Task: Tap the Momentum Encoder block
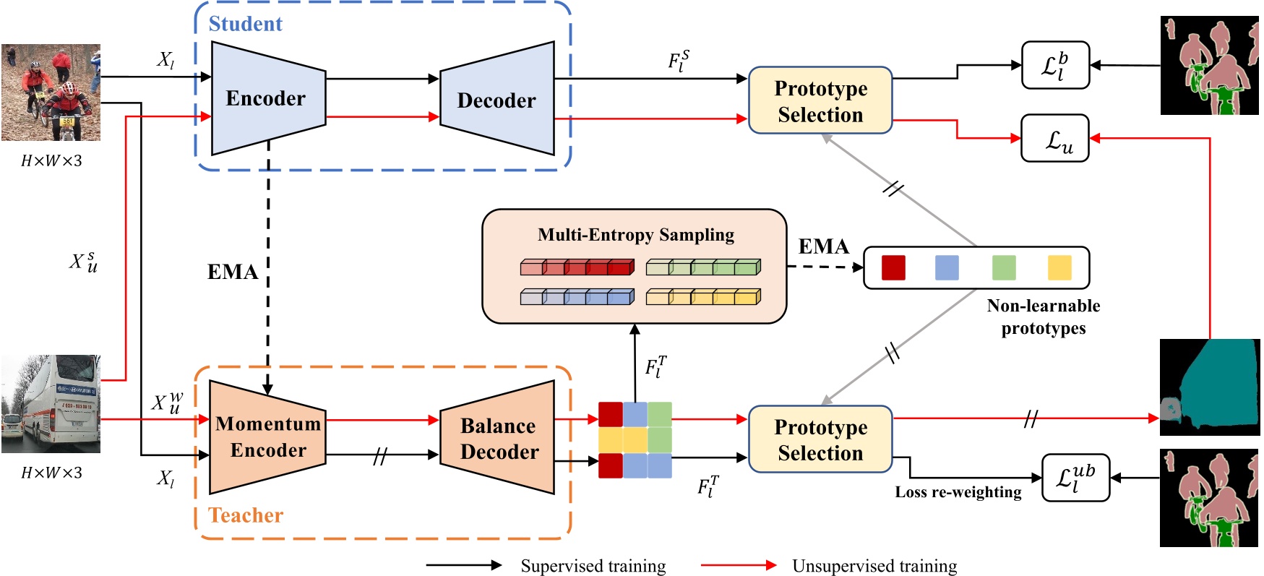(x=267, y=437)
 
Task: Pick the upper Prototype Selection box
(x=820, y=101)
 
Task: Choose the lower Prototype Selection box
(x=820, y=439)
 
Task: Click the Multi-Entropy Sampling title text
(x=635, y=235)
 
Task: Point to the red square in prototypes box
(x=893, y=267)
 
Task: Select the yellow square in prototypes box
(x=1059, y=267)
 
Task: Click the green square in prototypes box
(x=1004, y=267)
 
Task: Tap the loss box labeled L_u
(x=1054, y=138)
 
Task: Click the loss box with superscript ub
(x=1075, y=478)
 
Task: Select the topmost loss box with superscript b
(x=1054, y=65)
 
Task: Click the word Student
(x=245, y=24)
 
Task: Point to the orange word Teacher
(x=245, y=515)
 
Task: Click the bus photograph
(x=51, y=403)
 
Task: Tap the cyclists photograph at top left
(x=51, y=93)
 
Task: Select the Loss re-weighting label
(x=958, y=492)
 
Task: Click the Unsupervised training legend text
(x=874, y=566)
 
